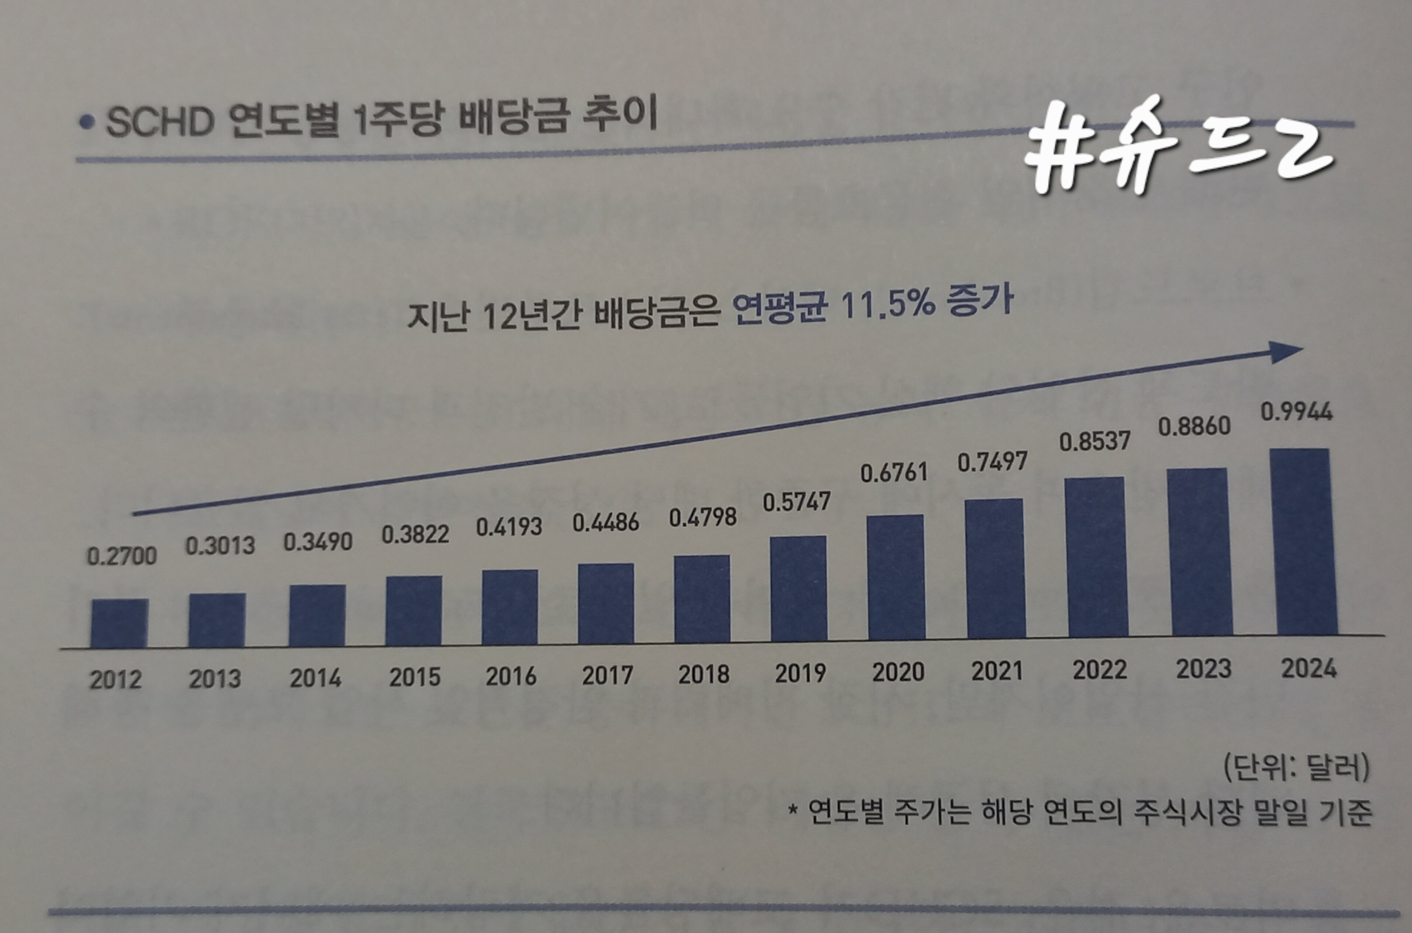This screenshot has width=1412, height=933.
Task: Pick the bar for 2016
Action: point(510,606)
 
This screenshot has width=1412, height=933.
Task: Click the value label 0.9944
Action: point(1296,412)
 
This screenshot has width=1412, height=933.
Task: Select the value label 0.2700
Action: point(122,556)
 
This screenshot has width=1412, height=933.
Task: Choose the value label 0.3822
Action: point(415,534)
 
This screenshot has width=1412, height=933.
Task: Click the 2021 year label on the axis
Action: point(997,671)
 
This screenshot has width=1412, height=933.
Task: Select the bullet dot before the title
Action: point(87,123)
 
